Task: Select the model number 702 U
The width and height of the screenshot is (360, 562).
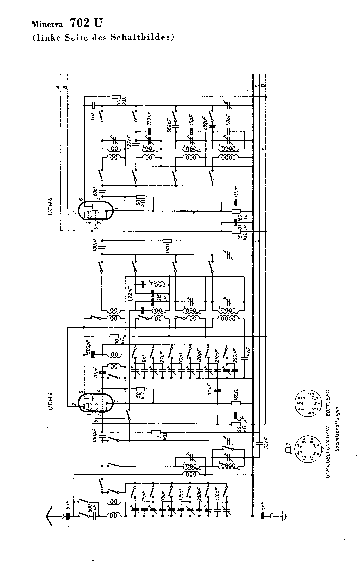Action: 86,23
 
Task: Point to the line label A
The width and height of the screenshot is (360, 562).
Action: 58,87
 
